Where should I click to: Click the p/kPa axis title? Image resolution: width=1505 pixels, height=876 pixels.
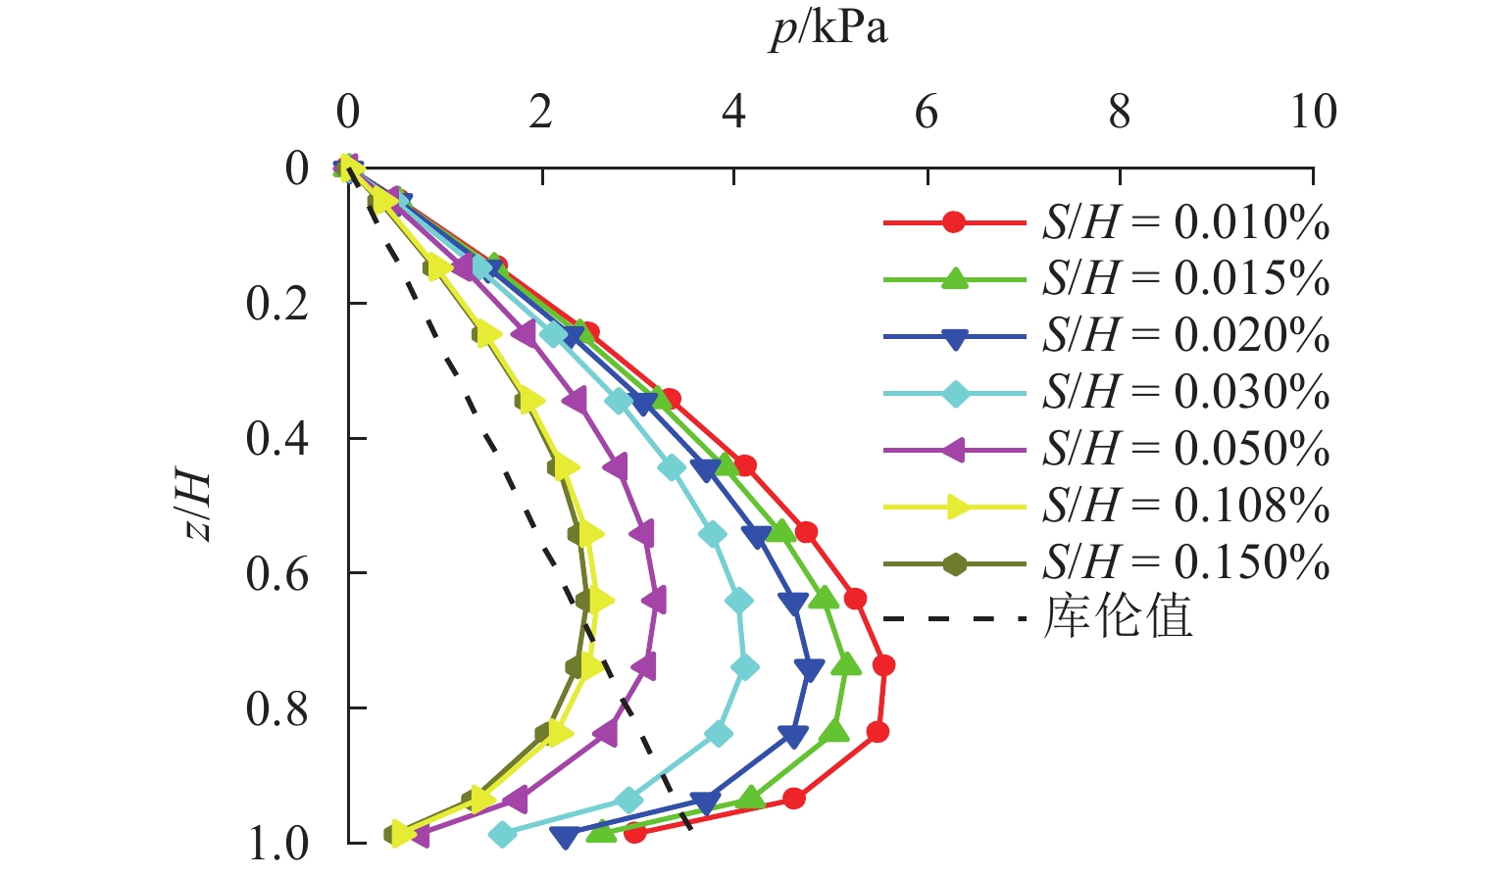click(828, 29)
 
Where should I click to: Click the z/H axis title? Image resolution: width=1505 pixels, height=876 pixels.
click(197, 506)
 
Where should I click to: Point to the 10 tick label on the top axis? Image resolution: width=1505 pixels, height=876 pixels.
click(1312, 113)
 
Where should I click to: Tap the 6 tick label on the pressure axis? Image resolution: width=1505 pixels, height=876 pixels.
click(927, 113)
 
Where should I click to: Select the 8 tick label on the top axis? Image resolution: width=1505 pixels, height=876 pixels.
click(1119, 113)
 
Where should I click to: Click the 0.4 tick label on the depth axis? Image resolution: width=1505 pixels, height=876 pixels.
click(277, 439)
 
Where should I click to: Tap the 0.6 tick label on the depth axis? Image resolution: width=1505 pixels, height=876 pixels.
click(277, 573)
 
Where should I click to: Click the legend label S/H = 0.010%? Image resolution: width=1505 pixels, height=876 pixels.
click(1185, 223)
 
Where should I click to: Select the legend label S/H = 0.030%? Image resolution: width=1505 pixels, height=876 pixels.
click(1185, 393)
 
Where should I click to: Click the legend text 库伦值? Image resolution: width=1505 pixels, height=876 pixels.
click(1118, 618)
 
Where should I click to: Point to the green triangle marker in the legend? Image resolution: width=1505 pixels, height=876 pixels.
click(954, 279)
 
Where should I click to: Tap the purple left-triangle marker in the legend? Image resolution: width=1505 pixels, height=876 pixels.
click(954, 450)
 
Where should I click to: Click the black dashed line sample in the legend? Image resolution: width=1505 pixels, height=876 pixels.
click(954, 619)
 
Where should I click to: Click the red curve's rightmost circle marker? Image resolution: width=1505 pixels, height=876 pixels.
click(883, 665)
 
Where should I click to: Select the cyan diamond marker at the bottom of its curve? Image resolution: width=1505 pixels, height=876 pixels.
click(502, 835)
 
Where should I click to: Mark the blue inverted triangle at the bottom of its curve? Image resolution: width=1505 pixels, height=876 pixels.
click(563, 837)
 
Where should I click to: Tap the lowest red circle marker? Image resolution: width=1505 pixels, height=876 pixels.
click(634, 833)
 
